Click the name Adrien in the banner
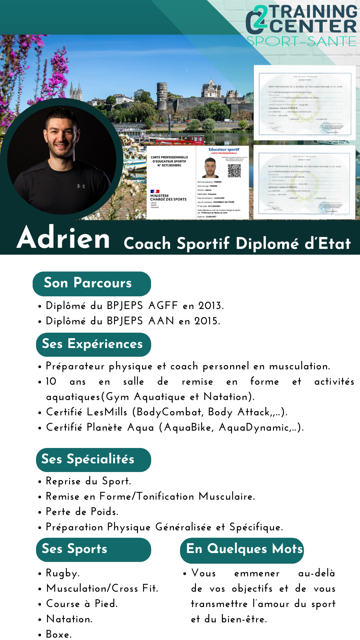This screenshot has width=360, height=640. [x=63, y=237]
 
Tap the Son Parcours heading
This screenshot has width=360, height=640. [x=88, y=283]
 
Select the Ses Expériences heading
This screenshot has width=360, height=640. [x=92, y=344]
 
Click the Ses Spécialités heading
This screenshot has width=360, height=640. [x=88, y=459]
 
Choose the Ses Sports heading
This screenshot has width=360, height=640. [x=75, y=549]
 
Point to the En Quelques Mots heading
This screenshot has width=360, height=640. [x=244, y=549]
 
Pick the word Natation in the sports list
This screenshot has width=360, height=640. [x=69, y=619]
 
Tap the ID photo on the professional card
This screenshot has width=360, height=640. [x=211, y=168]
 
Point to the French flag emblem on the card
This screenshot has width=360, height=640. [x=155, y=191]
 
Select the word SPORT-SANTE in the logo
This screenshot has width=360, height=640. [x=301, y=41]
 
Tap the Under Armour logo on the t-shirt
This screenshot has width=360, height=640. [x=81, y=186]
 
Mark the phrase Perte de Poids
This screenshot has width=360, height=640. [x=82, y=512]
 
